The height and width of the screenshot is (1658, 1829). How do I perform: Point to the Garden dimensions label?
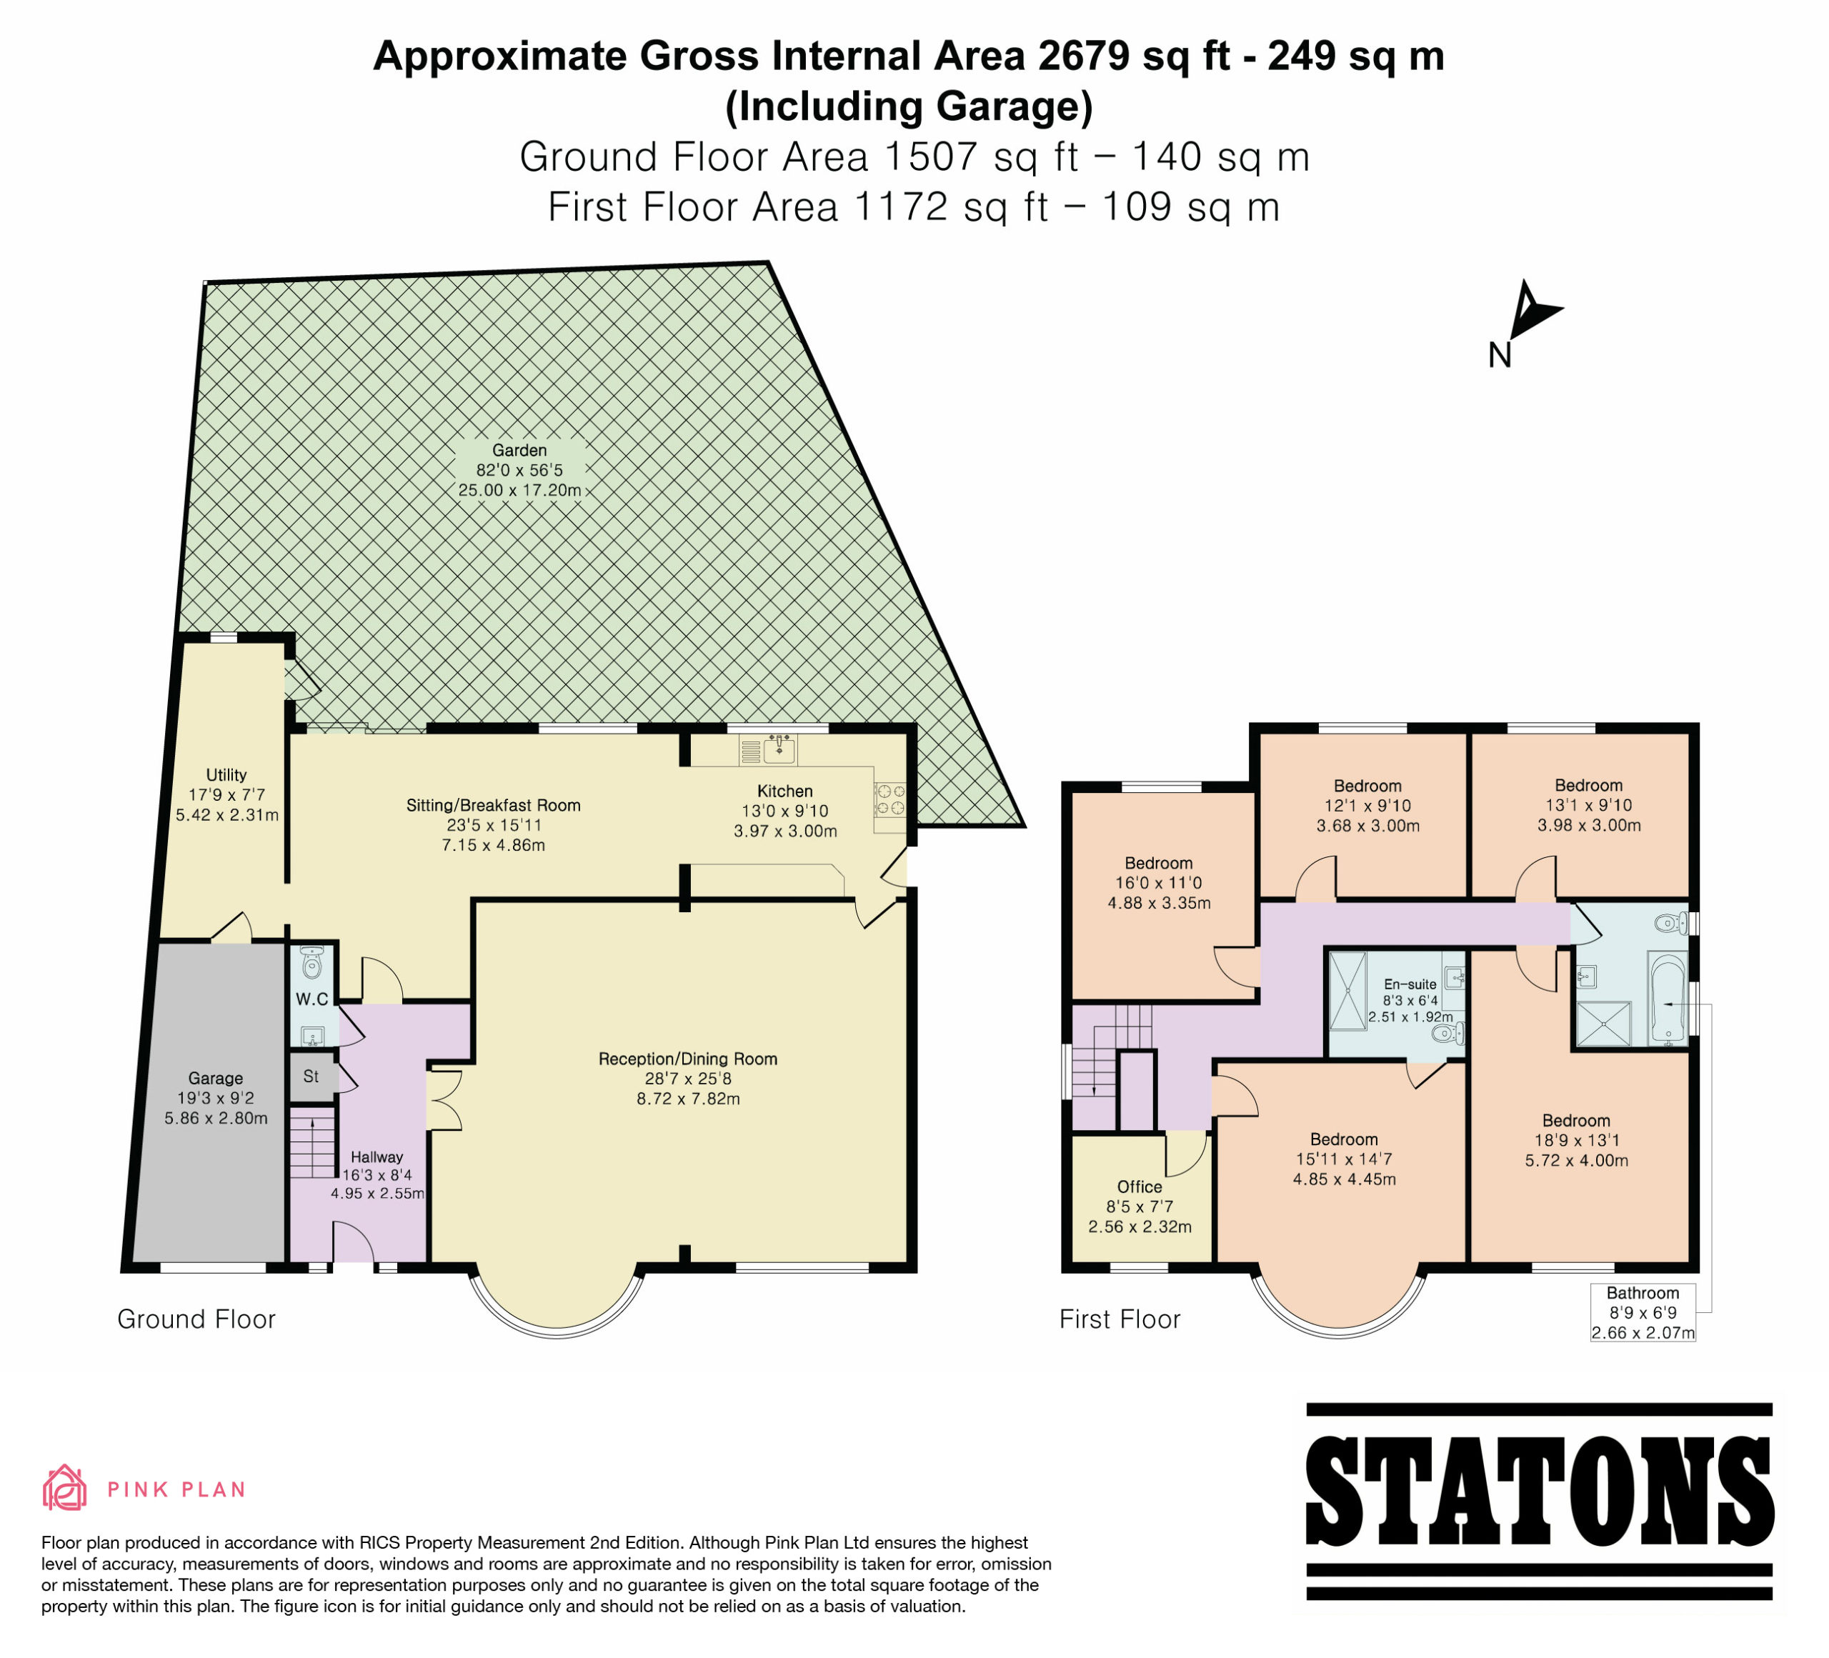pos(520,470)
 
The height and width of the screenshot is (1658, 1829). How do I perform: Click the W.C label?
pos(312,999)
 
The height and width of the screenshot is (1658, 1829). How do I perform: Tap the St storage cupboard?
pos(312,1077)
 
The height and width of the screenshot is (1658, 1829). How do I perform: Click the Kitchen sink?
pos(780,750)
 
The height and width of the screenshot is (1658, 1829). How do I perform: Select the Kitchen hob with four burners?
pos(889,799)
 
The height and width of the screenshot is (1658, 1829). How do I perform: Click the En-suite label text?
pos(1411,984)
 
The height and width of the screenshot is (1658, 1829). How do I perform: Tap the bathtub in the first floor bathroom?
pos(1668,998)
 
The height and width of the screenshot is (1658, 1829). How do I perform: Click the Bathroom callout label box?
pos(1643,1312)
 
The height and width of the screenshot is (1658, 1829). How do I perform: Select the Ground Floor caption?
pos(196,1319)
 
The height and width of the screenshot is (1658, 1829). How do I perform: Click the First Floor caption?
pos(1120,1319)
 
